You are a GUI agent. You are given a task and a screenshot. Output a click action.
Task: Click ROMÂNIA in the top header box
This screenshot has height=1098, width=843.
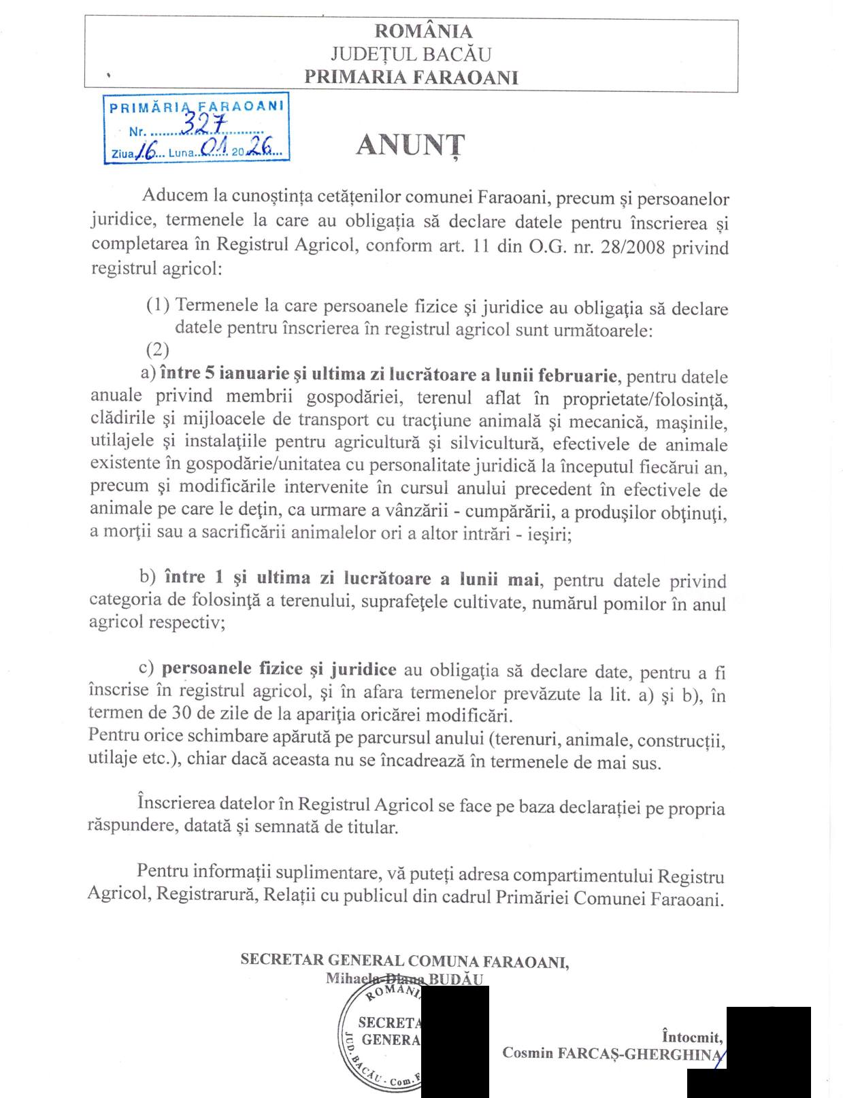423,31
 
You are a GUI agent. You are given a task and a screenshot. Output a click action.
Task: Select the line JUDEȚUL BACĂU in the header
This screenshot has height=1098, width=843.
410,54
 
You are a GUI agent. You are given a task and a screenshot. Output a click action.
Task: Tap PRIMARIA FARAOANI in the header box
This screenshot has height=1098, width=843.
411,77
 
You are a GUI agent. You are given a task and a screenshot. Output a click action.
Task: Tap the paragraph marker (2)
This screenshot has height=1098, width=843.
157,350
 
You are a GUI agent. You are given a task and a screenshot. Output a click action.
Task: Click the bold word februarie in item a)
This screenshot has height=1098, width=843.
578,375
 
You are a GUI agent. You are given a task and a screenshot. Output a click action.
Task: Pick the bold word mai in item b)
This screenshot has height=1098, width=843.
524,580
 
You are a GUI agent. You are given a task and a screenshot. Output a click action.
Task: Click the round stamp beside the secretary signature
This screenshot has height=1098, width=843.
381,1039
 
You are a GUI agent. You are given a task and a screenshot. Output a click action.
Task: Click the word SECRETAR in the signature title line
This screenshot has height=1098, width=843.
282,961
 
